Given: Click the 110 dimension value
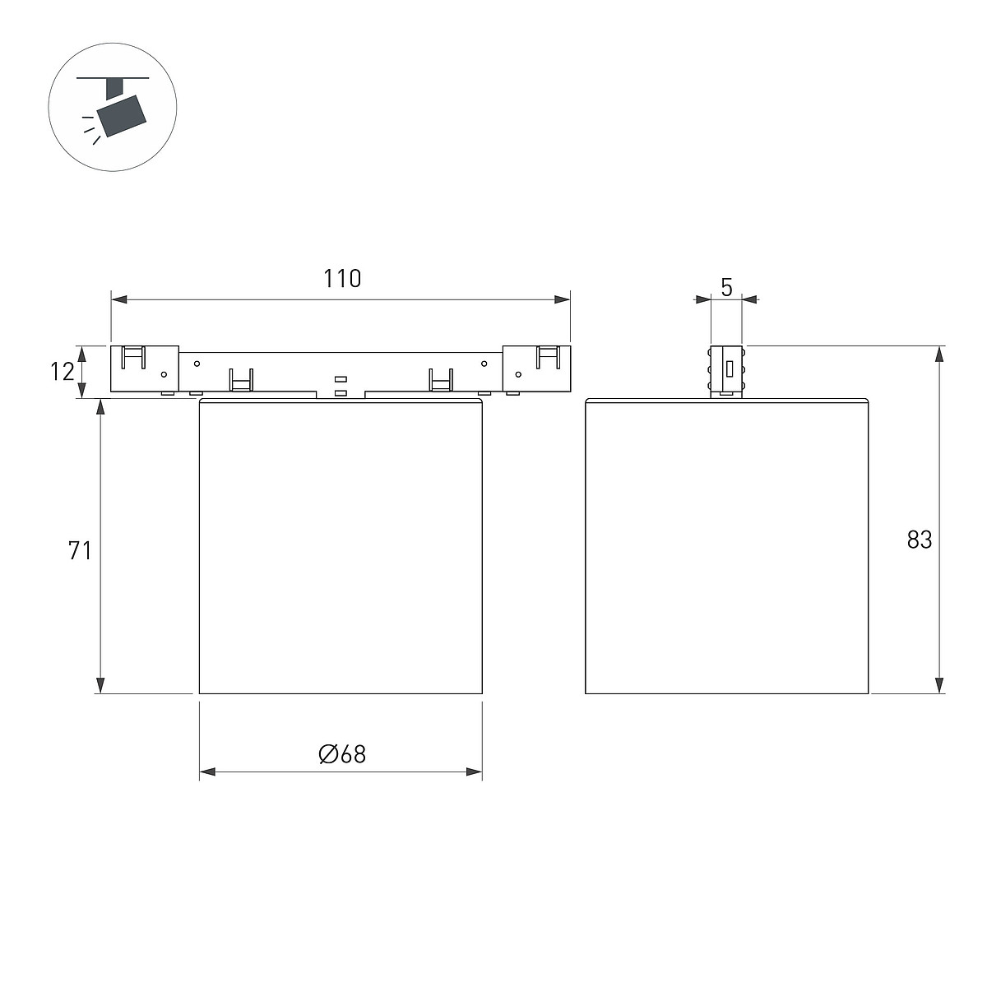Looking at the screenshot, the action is (342, 279).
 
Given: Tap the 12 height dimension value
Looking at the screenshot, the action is (62, 371).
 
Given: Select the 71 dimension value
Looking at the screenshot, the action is (80, 550).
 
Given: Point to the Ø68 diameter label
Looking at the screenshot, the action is (342, 754).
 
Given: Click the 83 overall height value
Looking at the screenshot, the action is (920, 540).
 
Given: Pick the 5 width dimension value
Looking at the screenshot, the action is (726, 287).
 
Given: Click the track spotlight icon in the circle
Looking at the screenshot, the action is (113, 108).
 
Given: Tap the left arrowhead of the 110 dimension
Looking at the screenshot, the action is (119, 299).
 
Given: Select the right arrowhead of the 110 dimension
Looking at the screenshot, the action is (562, 299).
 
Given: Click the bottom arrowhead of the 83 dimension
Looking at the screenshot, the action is (938, 685).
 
